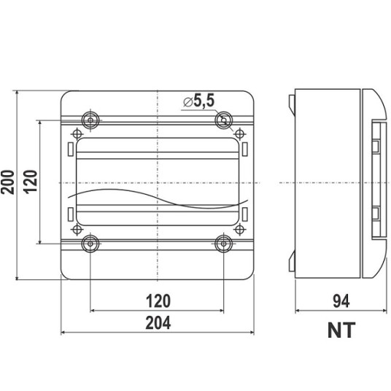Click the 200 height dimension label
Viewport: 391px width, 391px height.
7,182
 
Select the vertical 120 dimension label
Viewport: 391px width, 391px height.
31,182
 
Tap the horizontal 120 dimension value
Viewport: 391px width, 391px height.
158,301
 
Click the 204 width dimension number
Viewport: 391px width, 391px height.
158,322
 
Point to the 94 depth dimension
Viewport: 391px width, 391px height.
341,301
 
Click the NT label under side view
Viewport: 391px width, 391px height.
341,330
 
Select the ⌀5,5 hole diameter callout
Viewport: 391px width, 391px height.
198,101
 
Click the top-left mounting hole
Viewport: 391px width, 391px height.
90,120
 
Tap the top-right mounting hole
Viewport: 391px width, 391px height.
224,120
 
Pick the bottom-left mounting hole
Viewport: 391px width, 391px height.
90,244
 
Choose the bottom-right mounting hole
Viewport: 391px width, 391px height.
224,244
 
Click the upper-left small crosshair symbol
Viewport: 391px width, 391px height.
77,134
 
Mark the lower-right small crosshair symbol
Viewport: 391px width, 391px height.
240,229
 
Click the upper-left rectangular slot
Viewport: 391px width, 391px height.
71,149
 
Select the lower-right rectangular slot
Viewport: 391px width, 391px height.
245,214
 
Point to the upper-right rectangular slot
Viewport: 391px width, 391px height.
245,149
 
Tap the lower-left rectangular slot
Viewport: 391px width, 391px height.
71,214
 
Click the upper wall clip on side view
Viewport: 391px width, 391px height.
292,104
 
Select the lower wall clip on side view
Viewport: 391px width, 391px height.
292,261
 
